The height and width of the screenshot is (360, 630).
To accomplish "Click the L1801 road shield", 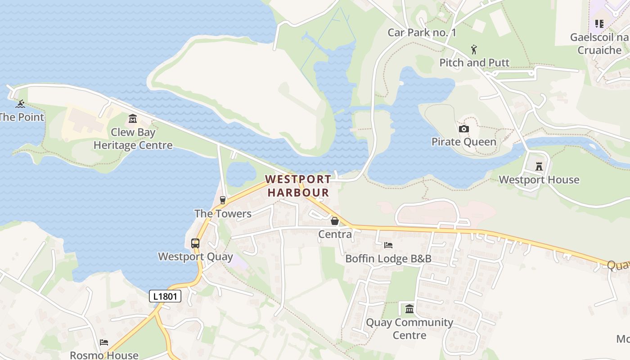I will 165,296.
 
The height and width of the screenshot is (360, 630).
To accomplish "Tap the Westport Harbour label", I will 298,186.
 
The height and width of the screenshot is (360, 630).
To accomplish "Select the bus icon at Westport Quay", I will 195,243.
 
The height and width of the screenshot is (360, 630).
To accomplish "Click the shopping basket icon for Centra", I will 335,221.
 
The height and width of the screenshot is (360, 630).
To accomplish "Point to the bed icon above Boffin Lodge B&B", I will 388,245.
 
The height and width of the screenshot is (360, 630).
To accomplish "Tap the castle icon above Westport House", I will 539,166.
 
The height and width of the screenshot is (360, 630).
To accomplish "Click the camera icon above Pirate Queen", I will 463,129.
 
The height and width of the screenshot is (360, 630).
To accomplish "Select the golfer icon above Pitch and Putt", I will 474,49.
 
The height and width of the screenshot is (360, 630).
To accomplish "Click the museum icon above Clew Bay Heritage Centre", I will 133,119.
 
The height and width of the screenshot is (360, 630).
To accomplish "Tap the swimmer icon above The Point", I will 20,104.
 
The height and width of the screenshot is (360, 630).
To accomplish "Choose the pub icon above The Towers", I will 223,200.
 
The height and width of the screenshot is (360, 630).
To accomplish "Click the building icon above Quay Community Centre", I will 409,309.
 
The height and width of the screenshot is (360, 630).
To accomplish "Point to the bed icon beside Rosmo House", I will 104,342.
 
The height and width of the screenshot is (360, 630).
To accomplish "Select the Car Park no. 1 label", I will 422,32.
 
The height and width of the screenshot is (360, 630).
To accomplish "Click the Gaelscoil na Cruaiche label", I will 599,44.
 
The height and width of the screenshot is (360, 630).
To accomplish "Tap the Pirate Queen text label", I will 463,142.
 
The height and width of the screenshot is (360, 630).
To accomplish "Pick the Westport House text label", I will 539,180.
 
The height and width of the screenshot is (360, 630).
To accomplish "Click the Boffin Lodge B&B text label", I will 388,259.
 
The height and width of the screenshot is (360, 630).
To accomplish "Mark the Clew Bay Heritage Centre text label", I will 133,139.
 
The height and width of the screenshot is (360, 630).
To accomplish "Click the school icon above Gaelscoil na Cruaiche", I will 599,23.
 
